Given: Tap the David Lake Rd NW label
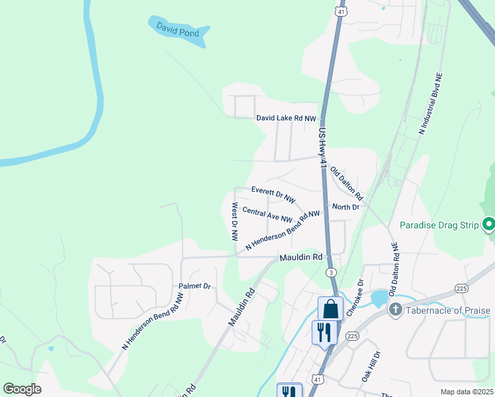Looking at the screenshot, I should click(287, 118).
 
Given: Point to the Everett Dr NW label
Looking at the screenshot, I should click(273, 194).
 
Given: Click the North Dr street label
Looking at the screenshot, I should click(345, 207).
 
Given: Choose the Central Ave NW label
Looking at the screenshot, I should click(267, 214).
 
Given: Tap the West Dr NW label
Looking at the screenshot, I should click(234, 222).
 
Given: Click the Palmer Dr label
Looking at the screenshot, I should click(194, 287).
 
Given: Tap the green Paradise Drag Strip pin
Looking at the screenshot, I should click(488, 225).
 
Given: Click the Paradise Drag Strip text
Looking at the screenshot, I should click(439, 226).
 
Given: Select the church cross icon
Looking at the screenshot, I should click(395, 310).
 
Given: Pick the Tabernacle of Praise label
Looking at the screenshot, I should click(449, 310).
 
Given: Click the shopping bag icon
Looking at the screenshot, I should click(330, 308).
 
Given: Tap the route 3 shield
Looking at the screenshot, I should click(330, 273).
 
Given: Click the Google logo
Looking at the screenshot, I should click(22, 388).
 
